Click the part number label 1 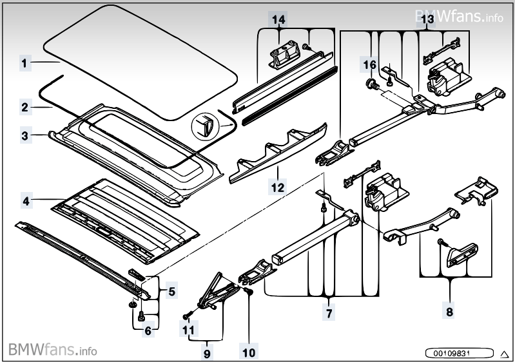tap(24, 62)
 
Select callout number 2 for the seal tap(25, 108)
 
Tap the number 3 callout tap(25, 135)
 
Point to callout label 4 tap(26, 200)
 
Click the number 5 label tap(172, 291)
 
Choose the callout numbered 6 tap(148, 330)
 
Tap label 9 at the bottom tap(207, 354)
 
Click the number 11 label tap(188, 329)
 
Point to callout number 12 tap(277, 187)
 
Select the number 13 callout tap(427, 19)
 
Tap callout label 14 tap(278, 19)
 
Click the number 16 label tap(369, 64)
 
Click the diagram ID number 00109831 tap(459, 353)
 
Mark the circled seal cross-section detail tap(204, 125)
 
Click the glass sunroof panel tap(141, 62)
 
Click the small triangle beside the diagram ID tap(504, 354)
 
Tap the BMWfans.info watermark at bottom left tap(53, 350)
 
